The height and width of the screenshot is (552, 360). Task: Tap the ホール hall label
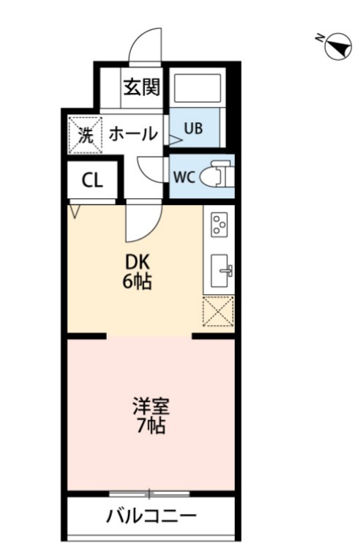click(133, 134)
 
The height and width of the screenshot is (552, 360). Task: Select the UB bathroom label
click(192, 129)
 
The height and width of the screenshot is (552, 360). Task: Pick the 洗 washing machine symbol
click(86, 134)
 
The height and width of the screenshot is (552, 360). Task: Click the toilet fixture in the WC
click(217, 176)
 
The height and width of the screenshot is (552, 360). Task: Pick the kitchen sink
click(220, 270)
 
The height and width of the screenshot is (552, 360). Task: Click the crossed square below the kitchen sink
click(219, 313)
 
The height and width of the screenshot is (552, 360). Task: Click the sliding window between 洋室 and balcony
click(151, 493)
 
